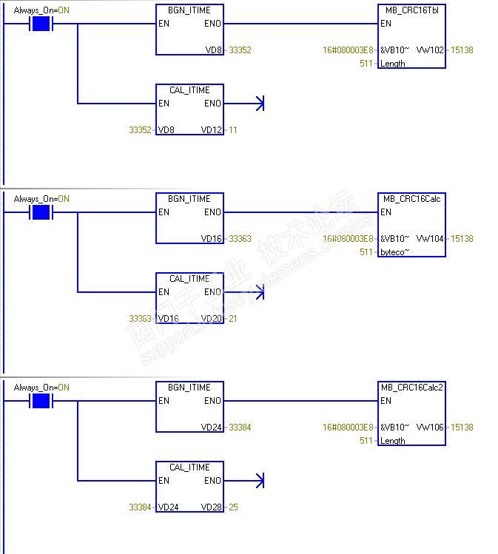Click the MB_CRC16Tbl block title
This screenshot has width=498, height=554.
tap(411, 10)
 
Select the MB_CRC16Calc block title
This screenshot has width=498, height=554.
tap(411, 199)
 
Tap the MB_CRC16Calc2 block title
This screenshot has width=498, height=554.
tap(411, 388)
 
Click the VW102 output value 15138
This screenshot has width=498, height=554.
tap(461, 50)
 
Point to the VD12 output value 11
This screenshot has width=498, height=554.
tap(232, 130)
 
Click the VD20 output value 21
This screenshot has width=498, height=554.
tap(232, 319)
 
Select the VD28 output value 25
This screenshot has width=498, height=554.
tap(232, 507)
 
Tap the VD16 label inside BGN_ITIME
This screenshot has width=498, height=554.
tap(211, 239)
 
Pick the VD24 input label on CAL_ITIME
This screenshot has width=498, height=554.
tap(168, 507)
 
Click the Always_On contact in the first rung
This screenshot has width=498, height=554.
tap(41, 24)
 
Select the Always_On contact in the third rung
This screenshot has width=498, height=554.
tap(41, 402)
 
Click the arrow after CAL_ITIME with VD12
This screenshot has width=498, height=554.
tap(259, 104)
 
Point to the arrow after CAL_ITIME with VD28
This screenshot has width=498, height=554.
tap(259, 481)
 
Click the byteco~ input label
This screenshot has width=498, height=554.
tap(394, 252)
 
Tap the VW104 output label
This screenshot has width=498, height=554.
tap(430, 239)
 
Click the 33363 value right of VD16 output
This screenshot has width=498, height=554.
tap(240, 239)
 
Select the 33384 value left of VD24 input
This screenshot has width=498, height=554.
tap(140, 507)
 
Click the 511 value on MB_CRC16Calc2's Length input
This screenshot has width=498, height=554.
tap(366, 441)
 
